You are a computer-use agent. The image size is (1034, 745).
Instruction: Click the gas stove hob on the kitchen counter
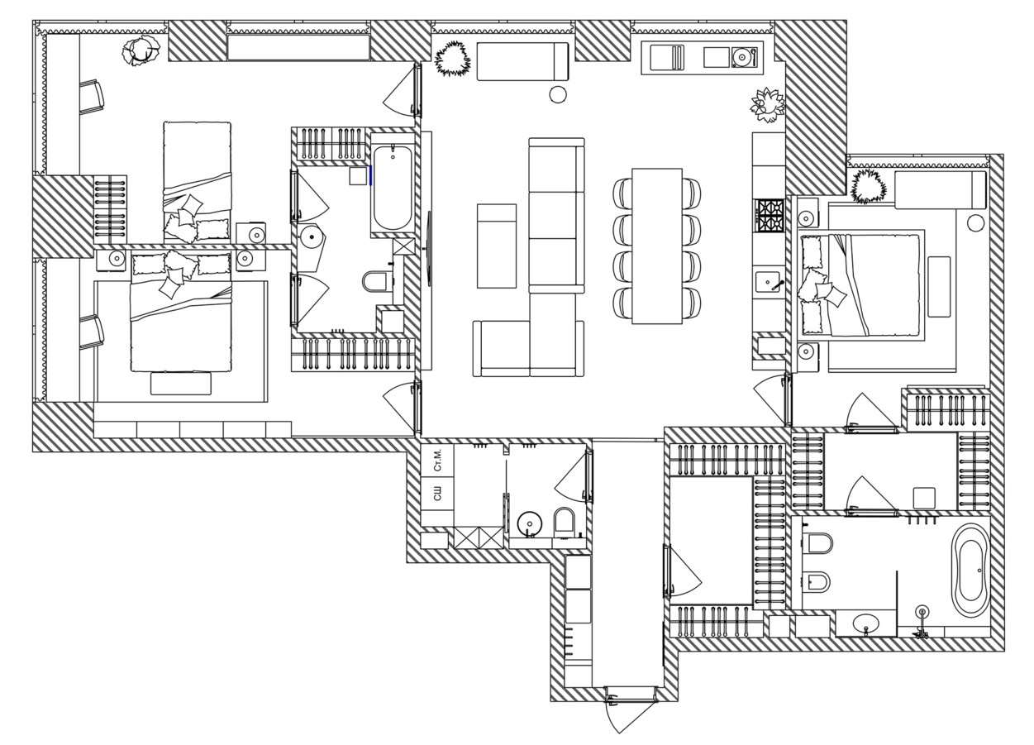point(770,215)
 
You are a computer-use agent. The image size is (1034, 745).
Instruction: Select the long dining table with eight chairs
point(657,246)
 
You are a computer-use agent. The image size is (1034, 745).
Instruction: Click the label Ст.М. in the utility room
point(437,460)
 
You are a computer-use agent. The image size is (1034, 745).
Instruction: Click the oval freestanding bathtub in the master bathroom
point(970,570)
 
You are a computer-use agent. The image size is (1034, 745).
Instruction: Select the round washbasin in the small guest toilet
point(530,523)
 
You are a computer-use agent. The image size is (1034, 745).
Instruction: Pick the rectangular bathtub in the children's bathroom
point(393,188)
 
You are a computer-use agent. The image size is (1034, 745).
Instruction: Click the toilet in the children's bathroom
point(376,282)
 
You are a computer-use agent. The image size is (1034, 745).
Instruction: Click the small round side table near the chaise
point(558,94)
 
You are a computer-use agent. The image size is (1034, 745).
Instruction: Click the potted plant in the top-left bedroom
point(141,50)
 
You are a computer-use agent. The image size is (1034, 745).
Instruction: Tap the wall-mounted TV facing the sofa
point(429,250)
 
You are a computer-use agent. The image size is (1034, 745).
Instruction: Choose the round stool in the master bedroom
point(976,222)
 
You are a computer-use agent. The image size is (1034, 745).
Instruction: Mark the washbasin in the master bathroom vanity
point(866,624)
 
